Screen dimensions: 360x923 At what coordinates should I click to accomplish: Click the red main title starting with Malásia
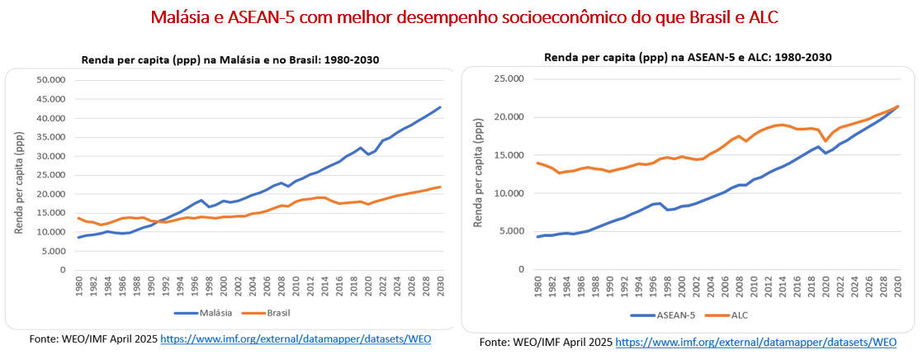[x=464, y=17]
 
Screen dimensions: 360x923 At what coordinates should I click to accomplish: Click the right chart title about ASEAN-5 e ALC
[x=687, y=57]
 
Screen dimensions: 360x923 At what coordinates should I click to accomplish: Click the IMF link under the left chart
[x=295, y=339]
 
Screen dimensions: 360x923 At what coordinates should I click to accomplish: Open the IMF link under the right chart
[x=755, y=342]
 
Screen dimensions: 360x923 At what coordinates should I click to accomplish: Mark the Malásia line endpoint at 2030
[x=441, y=107]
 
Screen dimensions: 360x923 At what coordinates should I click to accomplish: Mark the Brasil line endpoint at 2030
[x=441, y=187]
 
